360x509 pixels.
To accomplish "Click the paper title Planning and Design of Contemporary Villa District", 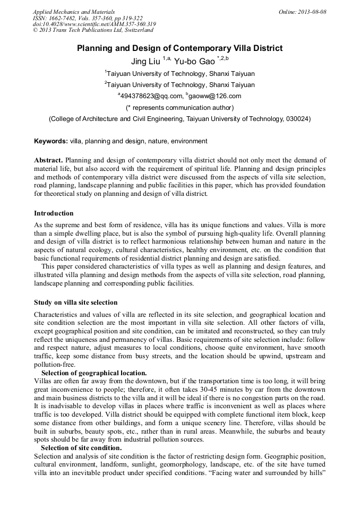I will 180,48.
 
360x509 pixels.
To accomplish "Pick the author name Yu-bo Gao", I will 194,62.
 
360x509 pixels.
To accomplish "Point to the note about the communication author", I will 180,108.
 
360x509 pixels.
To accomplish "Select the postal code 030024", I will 298,119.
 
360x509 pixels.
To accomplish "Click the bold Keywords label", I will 51,141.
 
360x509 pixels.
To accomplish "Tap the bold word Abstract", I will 48,160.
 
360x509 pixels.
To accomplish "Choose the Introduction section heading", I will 54,213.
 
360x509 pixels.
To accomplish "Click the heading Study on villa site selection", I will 75,303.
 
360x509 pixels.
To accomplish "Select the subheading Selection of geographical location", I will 94,373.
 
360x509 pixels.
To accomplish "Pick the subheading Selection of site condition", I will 81,448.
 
